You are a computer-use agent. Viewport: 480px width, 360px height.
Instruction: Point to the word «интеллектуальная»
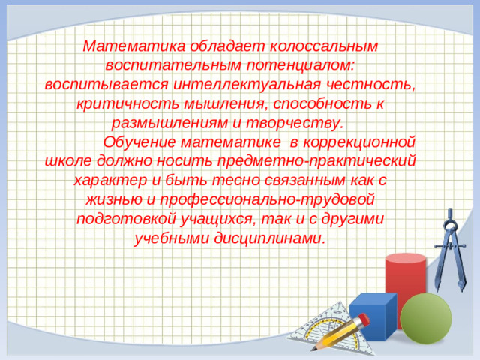(x=251, y=84)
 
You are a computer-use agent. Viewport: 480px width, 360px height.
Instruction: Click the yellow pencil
(x=337, y=334)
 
